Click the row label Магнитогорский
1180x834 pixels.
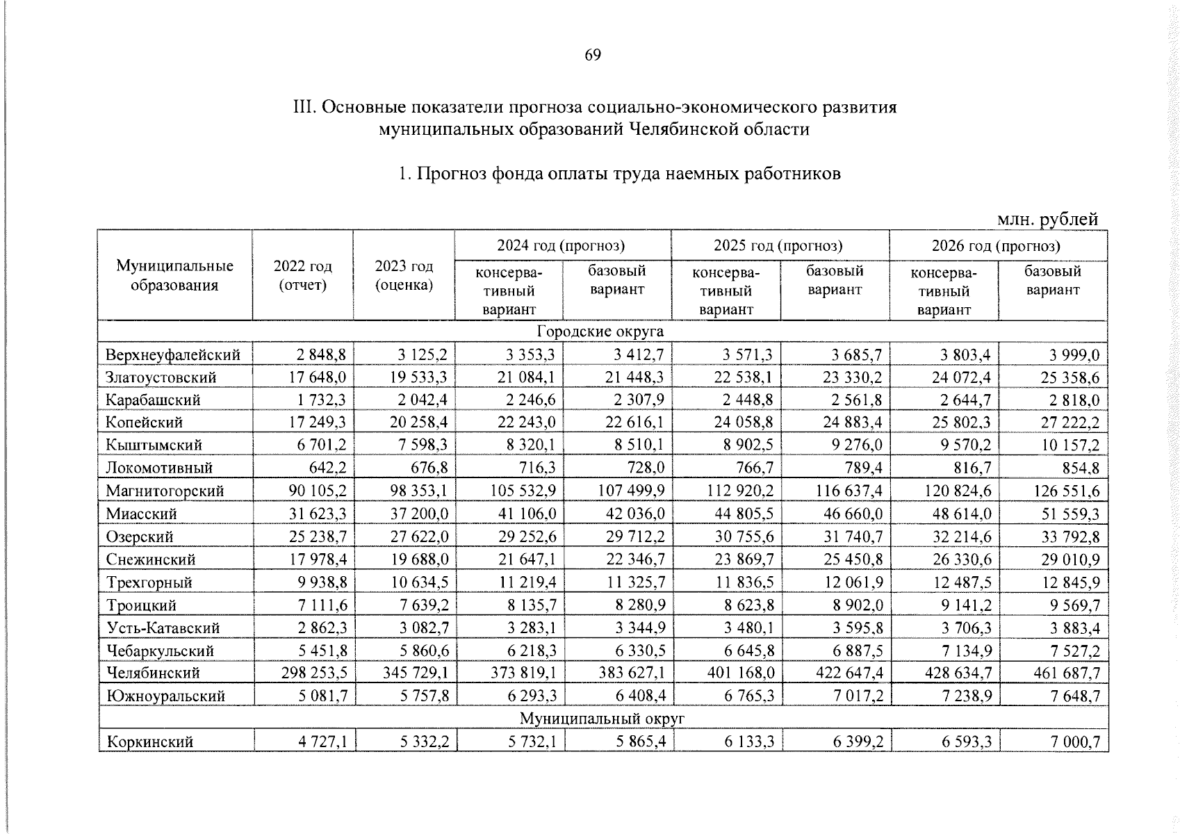[165, 491]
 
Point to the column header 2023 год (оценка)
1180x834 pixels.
[404, 275]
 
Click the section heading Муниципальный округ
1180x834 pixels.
[602, 718]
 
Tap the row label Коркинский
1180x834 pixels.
[149, 742]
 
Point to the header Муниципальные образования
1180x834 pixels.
[174, 275]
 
